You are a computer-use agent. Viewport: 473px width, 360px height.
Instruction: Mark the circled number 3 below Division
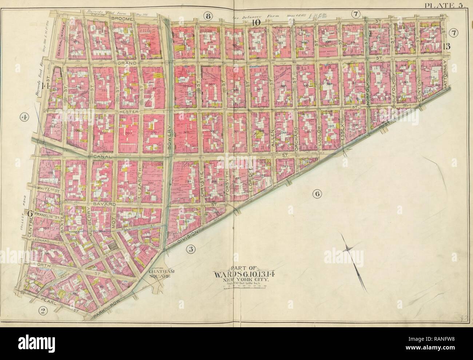(190, 249)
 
